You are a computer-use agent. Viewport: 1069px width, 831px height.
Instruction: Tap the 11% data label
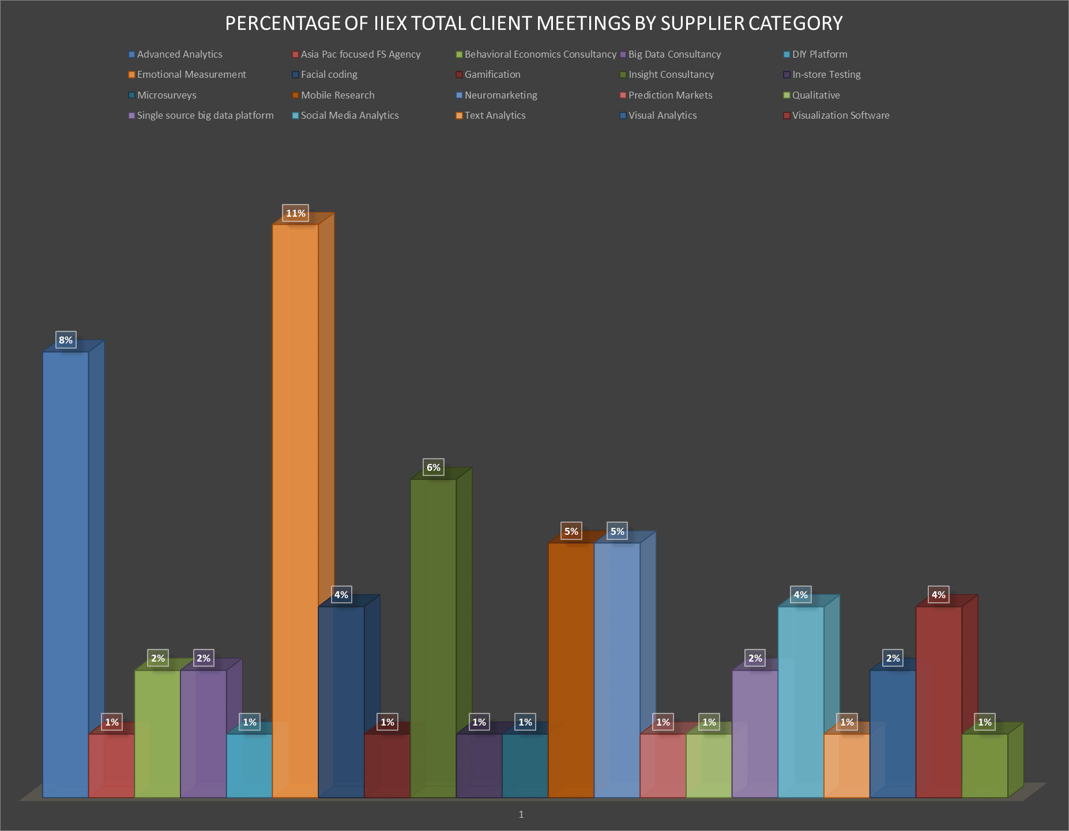(x=296, y=213)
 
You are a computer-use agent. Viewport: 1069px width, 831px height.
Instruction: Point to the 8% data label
(x=66, y=340)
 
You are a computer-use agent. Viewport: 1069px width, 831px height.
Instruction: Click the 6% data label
(x=434, y=467)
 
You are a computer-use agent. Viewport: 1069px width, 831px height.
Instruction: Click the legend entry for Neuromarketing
(x=500, y=95)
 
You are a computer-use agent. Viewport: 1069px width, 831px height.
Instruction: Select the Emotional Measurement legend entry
(x=191, y=74)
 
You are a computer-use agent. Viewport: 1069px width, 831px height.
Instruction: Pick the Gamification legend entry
(x=492, y=74)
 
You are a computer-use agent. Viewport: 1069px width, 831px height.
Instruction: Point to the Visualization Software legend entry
(x=840, y=115)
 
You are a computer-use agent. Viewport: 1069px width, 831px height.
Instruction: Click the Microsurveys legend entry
(x=167, y=95)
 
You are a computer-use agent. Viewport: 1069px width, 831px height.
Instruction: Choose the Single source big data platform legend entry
(x=205, y=115)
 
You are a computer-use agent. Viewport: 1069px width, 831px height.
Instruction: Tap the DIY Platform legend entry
(x=819, y=54)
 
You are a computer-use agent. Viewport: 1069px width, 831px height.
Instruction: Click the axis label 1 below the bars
(x=521, y=814)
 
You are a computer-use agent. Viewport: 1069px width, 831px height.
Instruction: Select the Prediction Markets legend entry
(x=670, y=95)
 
